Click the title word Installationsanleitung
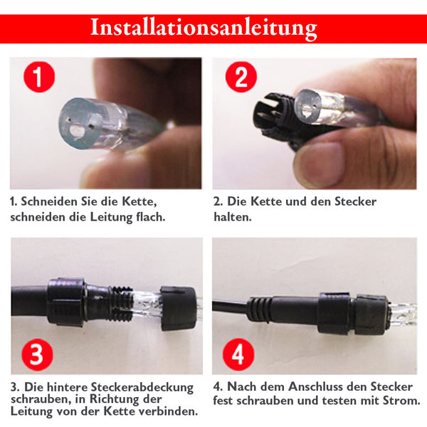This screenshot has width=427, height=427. coord(204,28)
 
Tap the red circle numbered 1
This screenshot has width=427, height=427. coord(39,77)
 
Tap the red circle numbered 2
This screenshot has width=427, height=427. coord(241,77)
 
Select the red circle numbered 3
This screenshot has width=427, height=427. coord(37,355)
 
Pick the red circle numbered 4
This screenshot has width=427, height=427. coord(238,355)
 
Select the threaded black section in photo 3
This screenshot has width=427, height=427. coord(121,303)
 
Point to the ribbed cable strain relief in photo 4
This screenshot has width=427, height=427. coord(260,310)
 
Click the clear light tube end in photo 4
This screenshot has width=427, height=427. coord(403,314)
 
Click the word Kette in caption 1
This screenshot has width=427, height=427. coord(139,202)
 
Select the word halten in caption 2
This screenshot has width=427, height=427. coord(233,217)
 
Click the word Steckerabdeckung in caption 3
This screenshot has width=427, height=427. coord(142,387)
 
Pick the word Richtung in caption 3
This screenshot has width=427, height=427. coord(126,399)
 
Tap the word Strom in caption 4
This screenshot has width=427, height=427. coord(401,401)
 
